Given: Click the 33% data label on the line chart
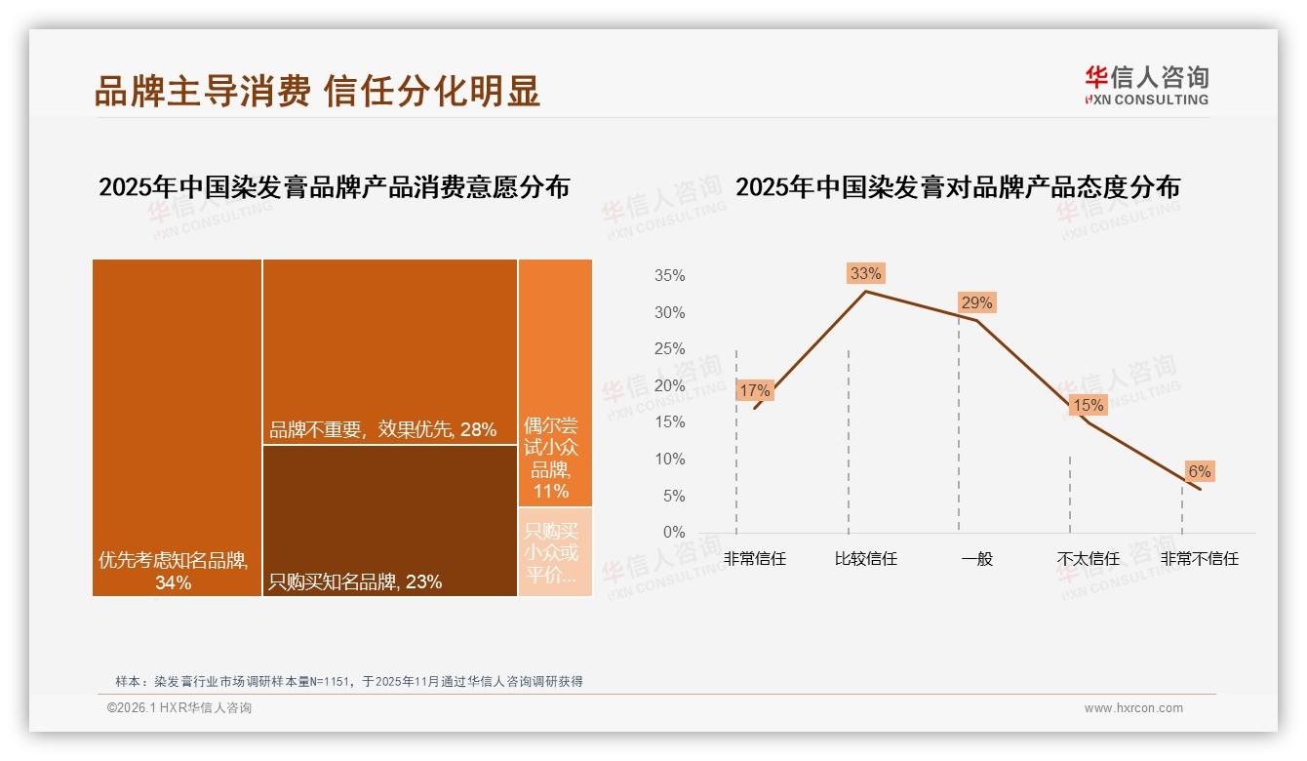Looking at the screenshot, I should [x=865, y=273].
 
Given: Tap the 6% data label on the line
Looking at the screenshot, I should [x=1199, y=472].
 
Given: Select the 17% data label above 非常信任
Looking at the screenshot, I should [x=755, y=390].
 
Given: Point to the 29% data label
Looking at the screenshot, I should [x=976, y=302].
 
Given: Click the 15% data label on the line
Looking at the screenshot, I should [x=1088, y=405].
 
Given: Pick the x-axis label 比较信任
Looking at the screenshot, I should [x=865, y=559].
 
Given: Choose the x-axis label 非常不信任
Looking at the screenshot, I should [x=1199, y=559].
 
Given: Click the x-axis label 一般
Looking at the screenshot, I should [x=976, y=559].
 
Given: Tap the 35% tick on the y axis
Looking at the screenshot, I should [x=669, y=276].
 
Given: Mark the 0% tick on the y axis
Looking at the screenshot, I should [x=673, y=533].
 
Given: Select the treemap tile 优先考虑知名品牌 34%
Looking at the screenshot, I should [x=177, y=427].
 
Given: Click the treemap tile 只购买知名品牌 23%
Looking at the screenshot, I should [x=390, y=520].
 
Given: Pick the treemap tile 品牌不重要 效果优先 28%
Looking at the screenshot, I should [x=390, y=351].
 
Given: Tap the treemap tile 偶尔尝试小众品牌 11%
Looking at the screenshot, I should [x=555, y=382].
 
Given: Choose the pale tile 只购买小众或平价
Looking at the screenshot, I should [x=555, y=552].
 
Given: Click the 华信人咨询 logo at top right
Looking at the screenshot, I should [x=1146, y=85].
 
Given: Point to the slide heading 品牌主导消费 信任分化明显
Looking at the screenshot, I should [x=317, y=91].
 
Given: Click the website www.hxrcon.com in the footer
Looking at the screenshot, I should [x=1133, y=708].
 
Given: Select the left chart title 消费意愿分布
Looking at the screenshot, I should [x=334, y=186].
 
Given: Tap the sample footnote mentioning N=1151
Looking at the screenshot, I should [x=348, y=681].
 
